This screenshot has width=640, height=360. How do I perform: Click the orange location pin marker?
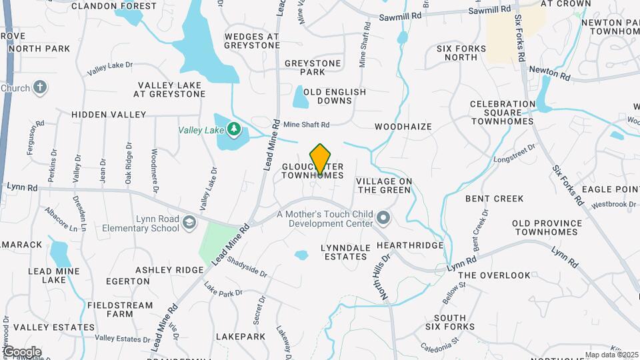pos(321,159)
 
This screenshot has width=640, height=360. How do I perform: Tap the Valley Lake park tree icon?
pos(233,128)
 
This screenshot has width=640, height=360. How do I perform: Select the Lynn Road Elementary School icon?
pos(190,223)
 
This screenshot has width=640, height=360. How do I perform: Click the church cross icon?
pos(40,87)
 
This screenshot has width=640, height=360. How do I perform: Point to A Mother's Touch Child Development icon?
pos(383,217)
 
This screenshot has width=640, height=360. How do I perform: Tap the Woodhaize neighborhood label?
pos(403,126)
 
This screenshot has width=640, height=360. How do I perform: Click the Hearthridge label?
pos(410,245)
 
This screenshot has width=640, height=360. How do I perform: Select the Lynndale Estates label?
pos(345,252)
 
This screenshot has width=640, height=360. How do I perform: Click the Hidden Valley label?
pos(109,115)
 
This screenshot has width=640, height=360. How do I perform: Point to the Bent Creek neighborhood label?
pos(494,199)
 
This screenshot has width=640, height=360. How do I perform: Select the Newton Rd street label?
pos(550,73)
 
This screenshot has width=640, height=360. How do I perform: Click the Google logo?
pos(21,351)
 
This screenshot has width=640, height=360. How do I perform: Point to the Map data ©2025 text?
pos(611,355)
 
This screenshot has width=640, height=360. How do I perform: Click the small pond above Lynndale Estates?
pos(301,255)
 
